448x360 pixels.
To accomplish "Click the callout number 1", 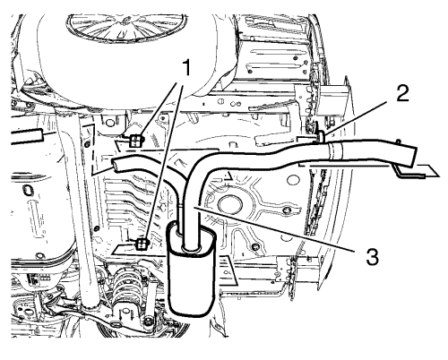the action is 185,67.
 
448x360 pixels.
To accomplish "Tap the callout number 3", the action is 372,256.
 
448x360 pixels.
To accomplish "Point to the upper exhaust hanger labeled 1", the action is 136,141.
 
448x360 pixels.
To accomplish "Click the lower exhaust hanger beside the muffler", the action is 142,244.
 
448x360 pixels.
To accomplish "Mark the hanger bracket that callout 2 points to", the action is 321,136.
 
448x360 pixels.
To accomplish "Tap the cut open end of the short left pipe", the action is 116,165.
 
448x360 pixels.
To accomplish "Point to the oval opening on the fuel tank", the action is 27,191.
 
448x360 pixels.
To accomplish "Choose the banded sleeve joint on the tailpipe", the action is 333,150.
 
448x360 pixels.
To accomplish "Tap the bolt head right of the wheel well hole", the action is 287,210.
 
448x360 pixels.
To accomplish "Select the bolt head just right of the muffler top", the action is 254,247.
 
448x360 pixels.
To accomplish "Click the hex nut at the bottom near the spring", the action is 147,321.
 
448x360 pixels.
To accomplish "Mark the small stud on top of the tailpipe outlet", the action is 398,141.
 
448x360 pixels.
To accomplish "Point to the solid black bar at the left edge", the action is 26,136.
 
